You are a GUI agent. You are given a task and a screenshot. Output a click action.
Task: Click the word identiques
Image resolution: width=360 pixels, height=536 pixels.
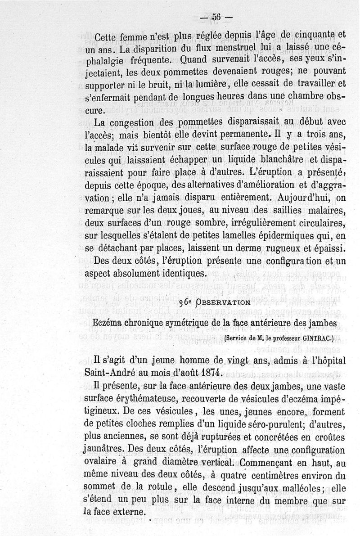pyautogui.click(x=180, y=273)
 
